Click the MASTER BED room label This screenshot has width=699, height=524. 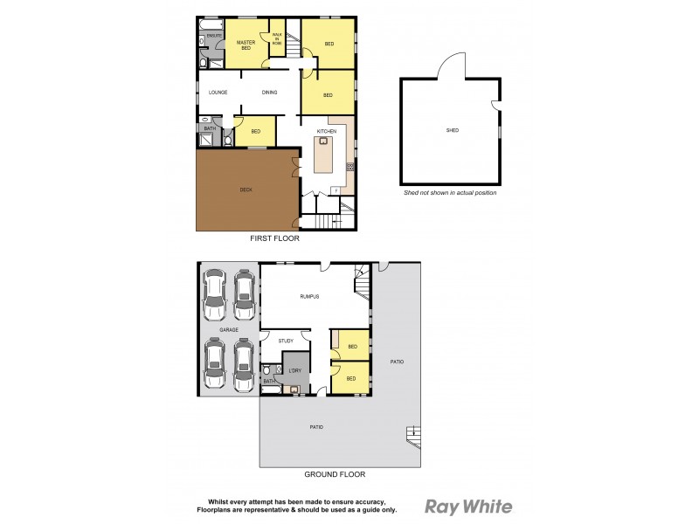coord(246,45)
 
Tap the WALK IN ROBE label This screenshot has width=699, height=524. coord(277,38)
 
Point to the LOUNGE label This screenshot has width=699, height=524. coord(218,93)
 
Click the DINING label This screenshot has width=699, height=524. coord(270,93)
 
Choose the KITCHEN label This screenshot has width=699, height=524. coord(326,131)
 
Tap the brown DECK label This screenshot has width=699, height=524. coord(246,190)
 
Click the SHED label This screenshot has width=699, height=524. coord(452,130)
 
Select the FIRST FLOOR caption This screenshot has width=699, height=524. coord(275,238)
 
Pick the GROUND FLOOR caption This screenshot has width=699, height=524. coord(334,475)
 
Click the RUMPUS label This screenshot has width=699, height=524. coord(308,297)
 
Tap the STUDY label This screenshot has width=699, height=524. coord(285,341)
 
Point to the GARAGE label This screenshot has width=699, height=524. coord(229,330)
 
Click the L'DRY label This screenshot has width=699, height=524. coord(294,370)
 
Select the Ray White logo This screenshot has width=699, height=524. coord(468,506)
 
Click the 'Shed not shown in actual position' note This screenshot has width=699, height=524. coord(450,192)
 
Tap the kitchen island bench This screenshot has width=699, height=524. coord(323,155)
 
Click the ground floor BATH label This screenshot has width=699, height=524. coord(268,382)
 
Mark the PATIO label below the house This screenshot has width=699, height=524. coord(316,426)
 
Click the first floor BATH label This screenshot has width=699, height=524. coord(209,129)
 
